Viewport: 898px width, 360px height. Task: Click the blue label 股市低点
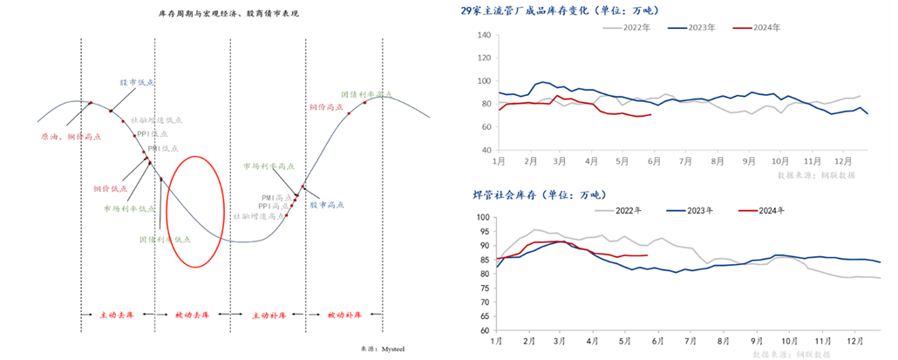click(x=137, y=82)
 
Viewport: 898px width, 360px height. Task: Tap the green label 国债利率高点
click(x=366, y=93)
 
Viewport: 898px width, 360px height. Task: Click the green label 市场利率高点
click(x=269, y=165)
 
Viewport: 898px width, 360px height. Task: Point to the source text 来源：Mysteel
click(x=384, y=348)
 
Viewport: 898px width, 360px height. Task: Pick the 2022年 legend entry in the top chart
click(x=627, y=28)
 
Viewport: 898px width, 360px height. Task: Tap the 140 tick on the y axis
click(x=486, y=36)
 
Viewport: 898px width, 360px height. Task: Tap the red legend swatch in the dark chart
click(x=747, y=210)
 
